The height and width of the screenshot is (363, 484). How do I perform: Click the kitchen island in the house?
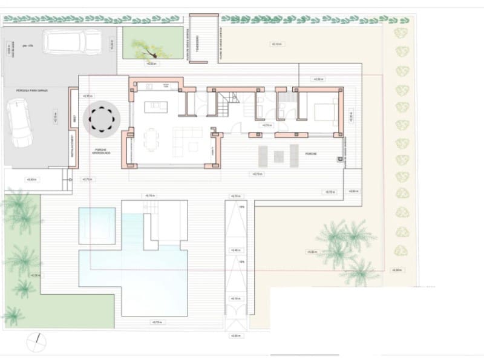pos(156,106)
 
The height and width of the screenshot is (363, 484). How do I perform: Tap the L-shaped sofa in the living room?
pos(185,139)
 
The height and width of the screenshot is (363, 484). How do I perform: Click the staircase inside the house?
pos(226,105)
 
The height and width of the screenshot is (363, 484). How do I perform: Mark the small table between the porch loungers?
pos(278,156)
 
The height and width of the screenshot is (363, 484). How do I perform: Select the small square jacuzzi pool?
pos(97,225)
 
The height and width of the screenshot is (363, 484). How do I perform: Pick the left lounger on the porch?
pos(263,155)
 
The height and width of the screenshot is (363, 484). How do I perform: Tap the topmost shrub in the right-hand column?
pos(401,33)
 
